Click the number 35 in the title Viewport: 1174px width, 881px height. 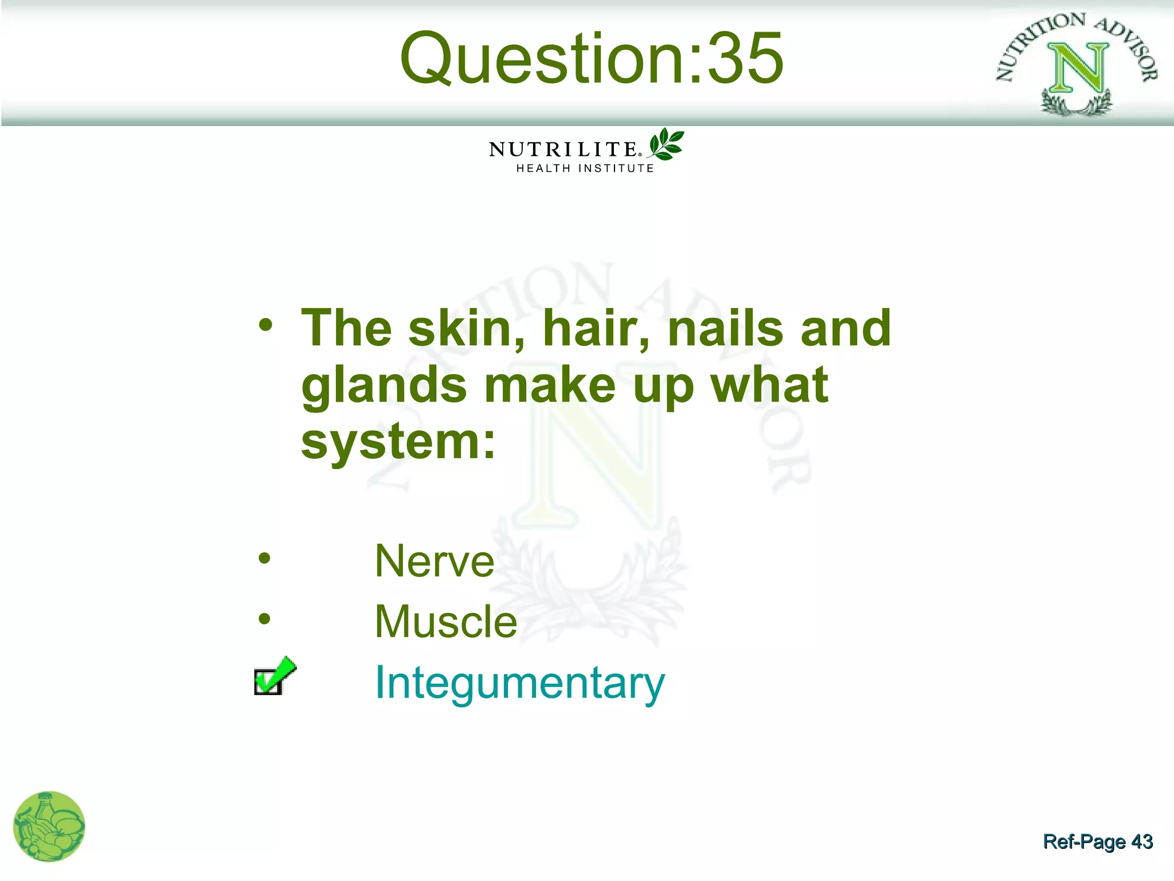coord(745,59)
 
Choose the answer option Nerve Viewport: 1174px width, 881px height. coord(434,561)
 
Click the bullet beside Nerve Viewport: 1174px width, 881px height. coord(264,558)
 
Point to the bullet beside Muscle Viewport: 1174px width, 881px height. coord(264,618)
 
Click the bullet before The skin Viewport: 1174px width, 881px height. coord(265,325)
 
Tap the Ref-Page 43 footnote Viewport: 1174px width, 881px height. coord(1097,841)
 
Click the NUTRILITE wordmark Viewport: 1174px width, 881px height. coord(563,150)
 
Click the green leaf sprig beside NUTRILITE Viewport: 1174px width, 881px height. coord(666,144)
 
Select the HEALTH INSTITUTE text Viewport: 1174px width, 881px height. coord(585,169)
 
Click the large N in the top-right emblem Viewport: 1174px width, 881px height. coord(1076,68)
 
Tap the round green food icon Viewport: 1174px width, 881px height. coord(49,826)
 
